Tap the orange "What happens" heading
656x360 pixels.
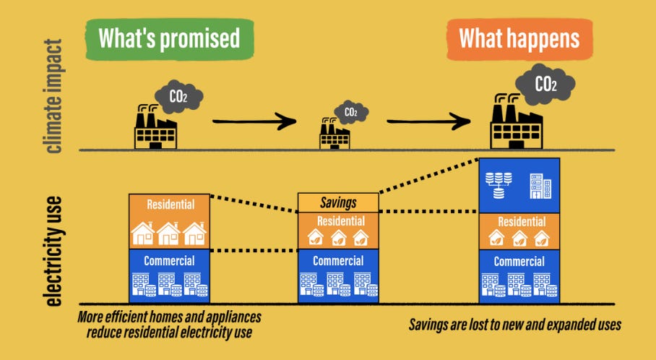point(519,38)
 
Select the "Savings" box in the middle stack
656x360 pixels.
point(338,202)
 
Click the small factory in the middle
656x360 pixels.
point(335,135)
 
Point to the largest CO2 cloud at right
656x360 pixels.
point(546,85)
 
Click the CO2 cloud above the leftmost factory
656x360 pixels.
point(180,96)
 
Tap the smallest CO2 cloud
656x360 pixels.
point(350,112)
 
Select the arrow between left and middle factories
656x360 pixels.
point(254,121)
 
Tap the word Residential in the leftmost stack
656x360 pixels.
point(170,205)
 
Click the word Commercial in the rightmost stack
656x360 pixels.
point(519,261)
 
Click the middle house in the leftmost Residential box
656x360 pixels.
point(169,233)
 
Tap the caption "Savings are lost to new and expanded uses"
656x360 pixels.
point(514,325)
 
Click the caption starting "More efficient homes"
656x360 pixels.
point(169,325)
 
